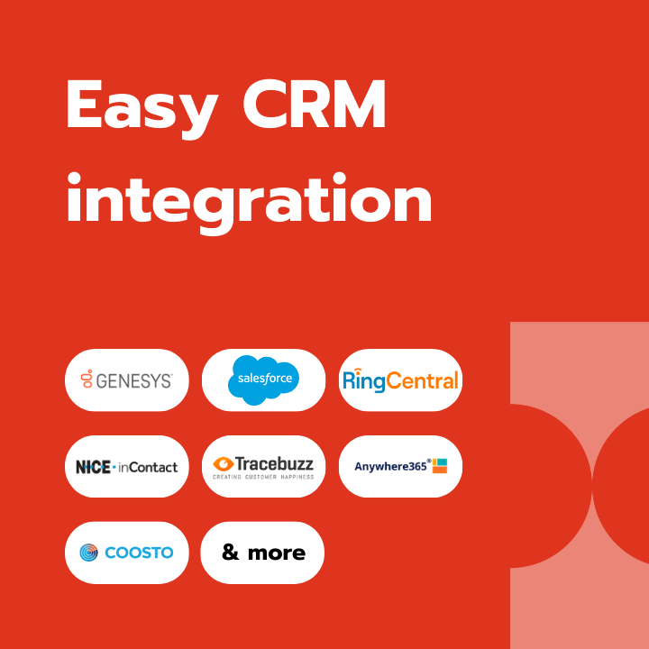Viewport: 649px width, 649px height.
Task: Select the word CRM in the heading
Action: point(315,104)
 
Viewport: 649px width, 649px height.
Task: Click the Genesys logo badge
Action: point(127,380)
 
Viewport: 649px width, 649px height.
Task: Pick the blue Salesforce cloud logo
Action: point(263,379)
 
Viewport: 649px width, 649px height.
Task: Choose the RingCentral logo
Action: point(400,380)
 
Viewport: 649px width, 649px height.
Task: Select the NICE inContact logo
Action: point(127,467)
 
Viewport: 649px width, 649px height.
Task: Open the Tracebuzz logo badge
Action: point(263,467)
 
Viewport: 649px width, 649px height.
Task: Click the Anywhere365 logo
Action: point(400,467)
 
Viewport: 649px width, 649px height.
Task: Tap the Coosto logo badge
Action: point(127,553)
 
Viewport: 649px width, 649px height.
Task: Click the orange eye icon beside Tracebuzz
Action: point(224,464)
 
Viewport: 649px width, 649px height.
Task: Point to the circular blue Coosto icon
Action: point(88,553)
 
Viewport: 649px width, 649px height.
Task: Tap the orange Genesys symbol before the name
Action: point(87,379)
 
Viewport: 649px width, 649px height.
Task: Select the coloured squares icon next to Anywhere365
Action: point(440,466)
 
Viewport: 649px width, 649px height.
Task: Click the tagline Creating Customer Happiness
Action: point(263,477)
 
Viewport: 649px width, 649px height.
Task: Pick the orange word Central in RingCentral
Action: point(422,380)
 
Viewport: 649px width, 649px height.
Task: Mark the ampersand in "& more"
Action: point(231,552)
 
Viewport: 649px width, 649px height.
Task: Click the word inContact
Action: point(148,467)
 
